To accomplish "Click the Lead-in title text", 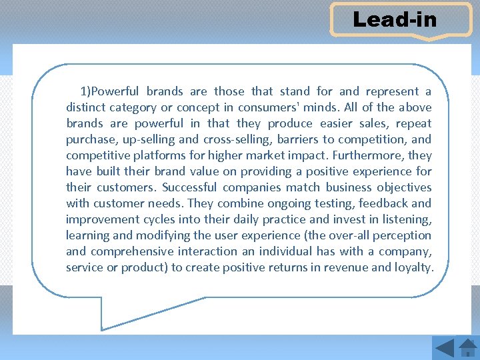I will (395, 19).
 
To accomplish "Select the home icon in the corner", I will (467, 347).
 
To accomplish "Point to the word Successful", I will (189, 187).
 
